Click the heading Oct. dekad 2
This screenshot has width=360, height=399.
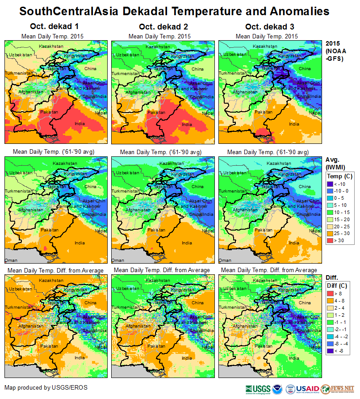[159, 27]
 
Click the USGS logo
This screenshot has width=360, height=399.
[258, 389]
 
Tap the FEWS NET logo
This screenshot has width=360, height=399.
[343, 389]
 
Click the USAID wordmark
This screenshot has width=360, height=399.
[308, 389]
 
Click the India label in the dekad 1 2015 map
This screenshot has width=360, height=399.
[80, 124]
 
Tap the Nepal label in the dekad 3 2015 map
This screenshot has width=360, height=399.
[315, 113]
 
